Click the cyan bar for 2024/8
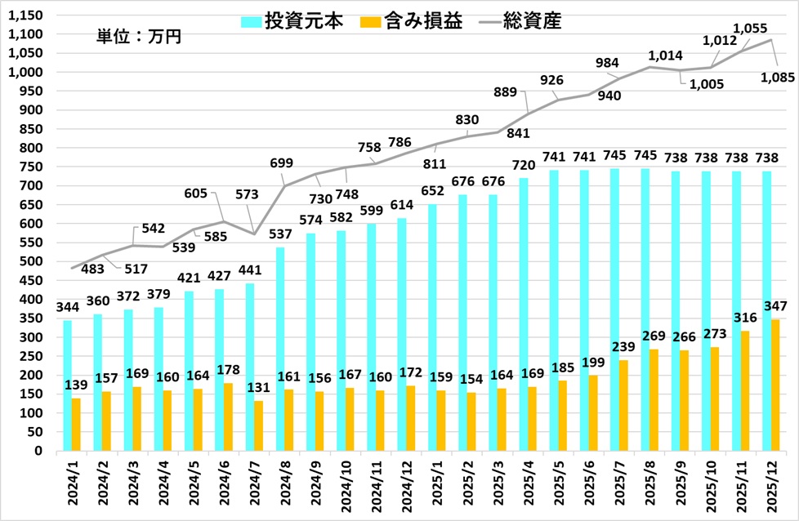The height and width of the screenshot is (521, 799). coord(280,349)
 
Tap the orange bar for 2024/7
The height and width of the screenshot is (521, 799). coord(259,425)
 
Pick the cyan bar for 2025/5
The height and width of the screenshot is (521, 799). coord(554,310)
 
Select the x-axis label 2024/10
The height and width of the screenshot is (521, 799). coord(344,487)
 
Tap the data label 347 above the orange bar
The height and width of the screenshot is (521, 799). coord(775,306)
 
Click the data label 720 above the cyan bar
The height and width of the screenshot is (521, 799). coord(524,166)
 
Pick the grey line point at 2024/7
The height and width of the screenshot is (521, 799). coord(254,234)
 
